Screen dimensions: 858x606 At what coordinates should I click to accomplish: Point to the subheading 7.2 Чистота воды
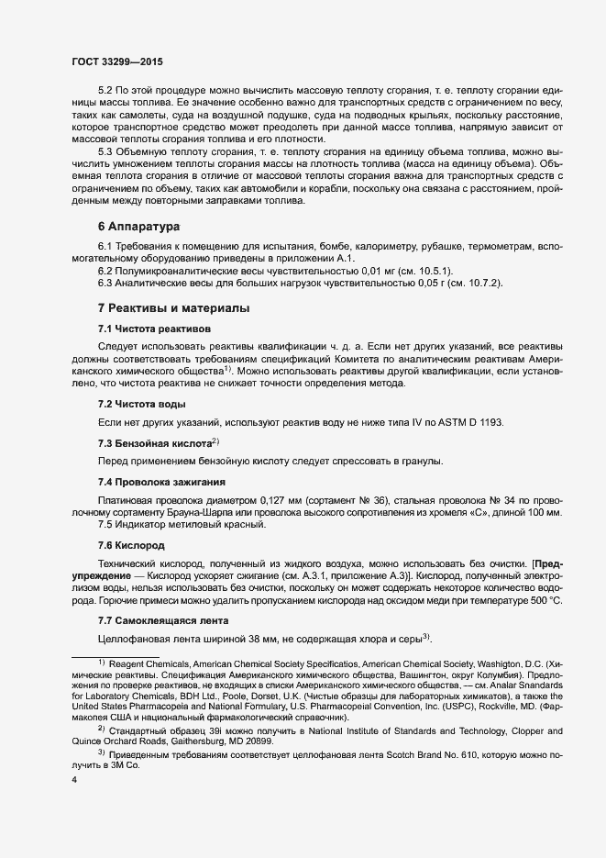tap(142, 404)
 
